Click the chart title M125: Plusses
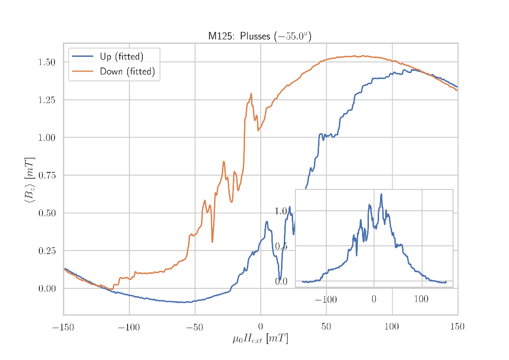(259, 36)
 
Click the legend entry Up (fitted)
(121, 57)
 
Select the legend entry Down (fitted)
(127, 72)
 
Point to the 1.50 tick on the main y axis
(47, 62)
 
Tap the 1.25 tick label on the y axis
(47, 100)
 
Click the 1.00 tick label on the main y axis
(47, 138)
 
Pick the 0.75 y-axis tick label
(47, 176)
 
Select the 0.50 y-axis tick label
(47, 213)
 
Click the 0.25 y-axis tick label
(47, 251)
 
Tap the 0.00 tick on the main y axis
(47, 289)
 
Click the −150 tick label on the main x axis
(63, 328)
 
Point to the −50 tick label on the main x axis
(195, 328)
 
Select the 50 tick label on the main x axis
(326, 328)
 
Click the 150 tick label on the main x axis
(457, 328)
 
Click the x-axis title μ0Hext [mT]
(260, 339)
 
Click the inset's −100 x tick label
(325, 300)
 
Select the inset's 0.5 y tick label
(282, 246)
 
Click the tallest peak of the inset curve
(381, 194)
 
